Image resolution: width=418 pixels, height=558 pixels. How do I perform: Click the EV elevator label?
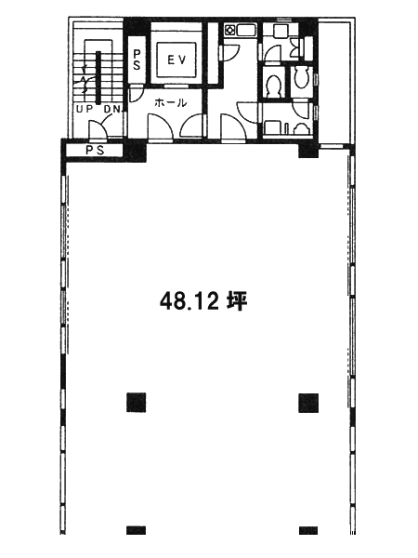click(x=176, y=60)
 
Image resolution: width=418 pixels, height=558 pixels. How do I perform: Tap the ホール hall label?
click(x=171, y=103)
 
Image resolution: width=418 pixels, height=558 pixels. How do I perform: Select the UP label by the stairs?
click(x=85, y=109)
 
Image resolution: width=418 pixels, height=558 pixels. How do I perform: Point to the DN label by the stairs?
click(x=112, y=109)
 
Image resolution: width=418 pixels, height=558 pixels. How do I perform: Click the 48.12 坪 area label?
click(x=203, y=301)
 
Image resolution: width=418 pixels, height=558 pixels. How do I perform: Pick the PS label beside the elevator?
click(x=137, y=60)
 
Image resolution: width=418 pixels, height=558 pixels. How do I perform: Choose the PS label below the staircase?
click(x=96, y=150)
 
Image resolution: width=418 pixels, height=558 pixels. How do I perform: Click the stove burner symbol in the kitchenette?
click(x=229, y=30)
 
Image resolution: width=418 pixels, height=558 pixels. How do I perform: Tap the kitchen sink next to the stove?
click(x=245, y=30)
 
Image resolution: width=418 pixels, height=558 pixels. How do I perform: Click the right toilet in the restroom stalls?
click(x=301, y=77)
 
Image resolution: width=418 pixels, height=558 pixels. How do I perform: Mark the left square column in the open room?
click(x=137, y=403)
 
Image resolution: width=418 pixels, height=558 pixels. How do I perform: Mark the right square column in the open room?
click(x=308, y=403)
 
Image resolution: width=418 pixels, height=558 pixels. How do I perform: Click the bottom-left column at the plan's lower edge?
click(x=137, y=530)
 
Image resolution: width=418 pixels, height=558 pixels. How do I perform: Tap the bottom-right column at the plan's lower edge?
click(x=308, y=530)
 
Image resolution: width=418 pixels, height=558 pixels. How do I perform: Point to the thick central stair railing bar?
click(x=98, y=77)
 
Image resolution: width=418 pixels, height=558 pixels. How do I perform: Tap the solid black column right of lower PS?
click(x=135, y=150)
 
